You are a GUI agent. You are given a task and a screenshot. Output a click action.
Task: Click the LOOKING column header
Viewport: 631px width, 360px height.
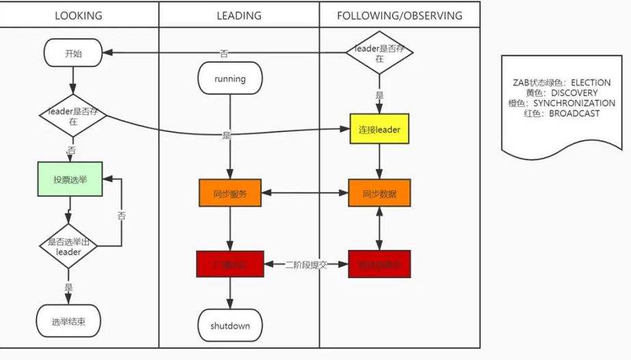coord(79,15)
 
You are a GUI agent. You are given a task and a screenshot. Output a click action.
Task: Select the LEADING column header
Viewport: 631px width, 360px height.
coord(239,15)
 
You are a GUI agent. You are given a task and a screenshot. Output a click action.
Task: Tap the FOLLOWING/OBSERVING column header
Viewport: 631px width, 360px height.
coord(399,15)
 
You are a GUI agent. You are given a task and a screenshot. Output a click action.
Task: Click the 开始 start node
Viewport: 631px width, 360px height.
coord(73,53)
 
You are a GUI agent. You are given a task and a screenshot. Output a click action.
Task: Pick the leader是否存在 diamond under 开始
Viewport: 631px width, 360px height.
coord(73,115)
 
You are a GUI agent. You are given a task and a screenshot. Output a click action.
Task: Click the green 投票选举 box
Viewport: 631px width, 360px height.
coord(70,179)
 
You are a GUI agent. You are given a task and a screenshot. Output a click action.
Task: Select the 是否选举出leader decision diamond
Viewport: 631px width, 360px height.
coord(69,246)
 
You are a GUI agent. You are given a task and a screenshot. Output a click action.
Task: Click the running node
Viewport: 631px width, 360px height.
coord(229,79)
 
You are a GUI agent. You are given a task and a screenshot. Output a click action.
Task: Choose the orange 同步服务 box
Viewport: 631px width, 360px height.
coord(230,193)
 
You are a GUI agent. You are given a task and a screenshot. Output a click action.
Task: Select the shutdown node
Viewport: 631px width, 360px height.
coord(230,326)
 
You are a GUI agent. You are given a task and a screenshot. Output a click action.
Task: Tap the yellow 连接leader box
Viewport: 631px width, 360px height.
coord(379,129)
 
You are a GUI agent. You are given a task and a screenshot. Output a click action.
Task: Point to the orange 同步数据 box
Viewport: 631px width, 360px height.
coord(379,193)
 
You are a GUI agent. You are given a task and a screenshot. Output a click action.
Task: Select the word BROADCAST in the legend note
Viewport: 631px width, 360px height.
coord(574,113)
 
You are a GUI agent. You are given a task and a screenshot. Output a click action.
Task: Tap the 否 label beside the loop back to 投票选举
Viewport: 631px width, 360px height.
coord(122,215)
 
